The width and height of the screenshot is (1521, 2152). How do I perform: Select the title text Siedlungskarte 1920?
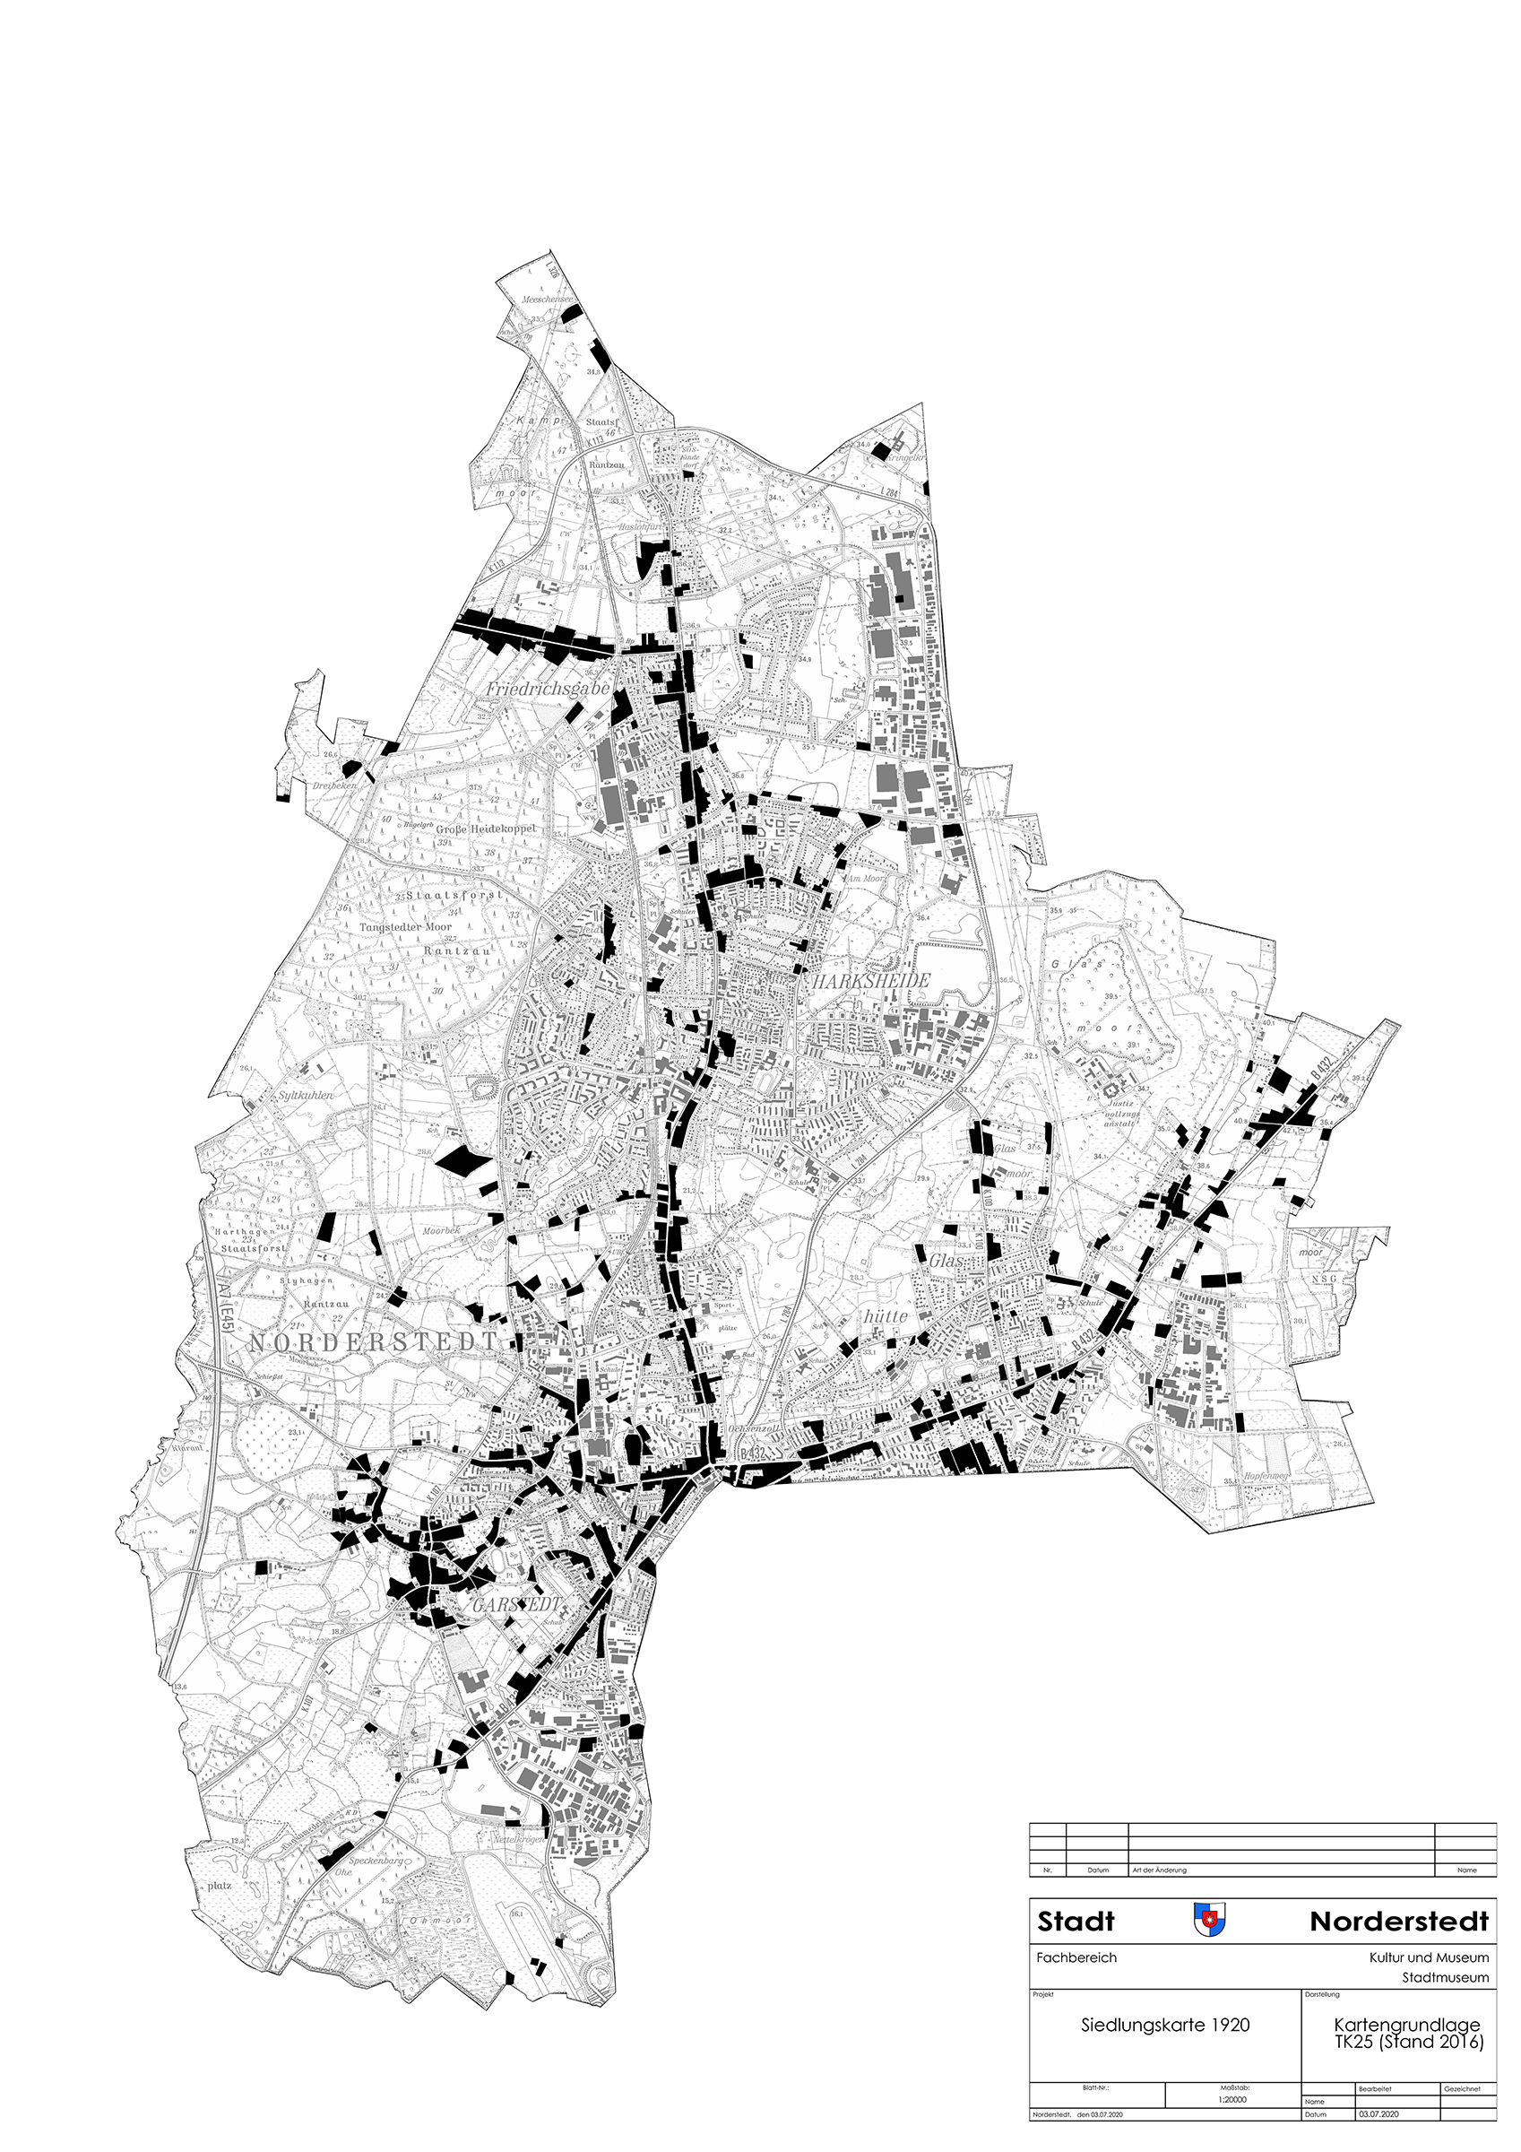[1165, 2026]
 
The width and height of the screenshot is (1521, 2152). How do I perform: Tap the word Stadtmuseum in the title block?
[1445, 1978]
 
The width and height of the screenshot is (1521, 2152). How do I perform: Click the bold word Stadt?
[1076, 1922]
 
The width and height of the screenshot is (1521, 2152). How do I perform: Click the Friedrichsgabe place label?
[549, 689]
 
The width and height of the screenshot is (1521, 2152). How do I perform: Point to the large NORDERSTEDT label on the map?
[372, 1342]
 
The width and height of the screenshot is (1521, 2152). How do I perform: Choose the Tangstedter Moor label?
[406, 927]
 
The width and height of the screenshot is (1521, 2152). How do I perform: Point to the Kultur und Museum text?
[1427, 1958]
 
